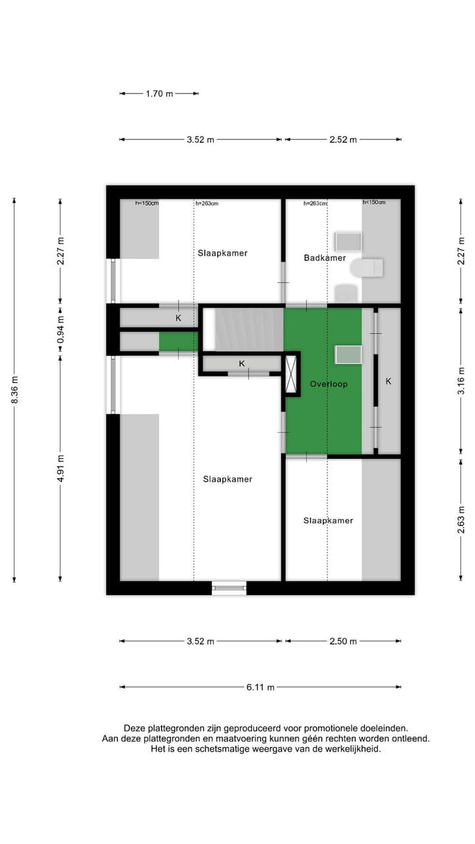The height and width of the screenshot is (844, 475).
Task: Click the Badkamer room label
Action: click(x=325, y=258)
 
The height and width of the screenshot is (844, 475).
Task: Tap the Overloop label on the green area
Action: click(x=329, y=384)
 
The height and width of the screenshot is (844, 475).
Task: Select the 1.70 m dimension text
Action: click(x=159, y=94)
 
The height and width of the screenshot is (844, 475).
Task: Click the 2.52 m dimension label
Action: click(x=343, y=140)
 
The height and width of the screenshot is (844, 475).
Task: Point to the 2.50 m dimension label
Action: click(x=343, y=642)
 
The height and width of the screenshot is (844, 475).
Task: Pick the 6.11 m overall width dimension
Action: click(x=261, y=687)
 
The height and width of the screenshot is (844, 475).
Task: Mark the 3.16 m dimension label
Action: click(x=461, y=380)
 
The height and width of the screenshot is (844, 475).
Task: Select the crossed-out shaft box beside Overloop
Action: click(x=291, y=375)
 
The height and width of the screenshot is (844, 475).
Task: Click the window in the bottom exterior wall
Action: click(x=229, y=588)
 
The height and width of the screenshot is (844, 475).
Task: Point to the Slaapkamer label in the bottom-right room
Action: click(x=328, y=520)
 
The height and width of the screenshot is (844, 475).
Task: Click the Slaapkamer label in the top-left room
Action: click(x=222, y=253)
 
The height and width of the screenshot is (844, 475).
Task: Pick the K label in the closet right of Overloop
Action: click(x=389, y=381)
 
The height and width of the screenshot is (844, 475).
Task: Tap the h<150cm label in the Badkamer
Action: click(x=373, y=202)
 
